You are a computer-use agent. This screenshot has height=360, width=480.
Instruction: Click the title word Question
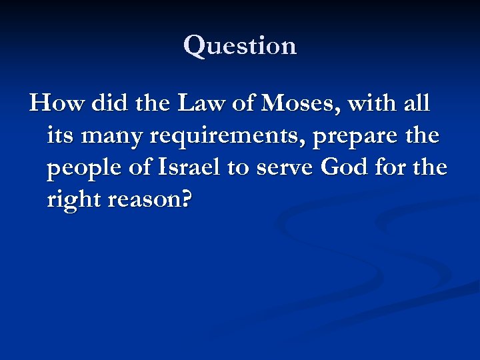[240, 45]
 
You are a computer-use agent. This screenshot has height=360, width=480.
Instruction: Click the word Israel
[188, 168]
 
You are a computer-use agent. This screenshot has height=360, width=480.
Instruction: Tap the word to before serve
[238, 169]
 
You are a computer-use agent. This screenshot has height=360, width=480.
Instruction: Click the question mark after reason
[184, 200]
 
